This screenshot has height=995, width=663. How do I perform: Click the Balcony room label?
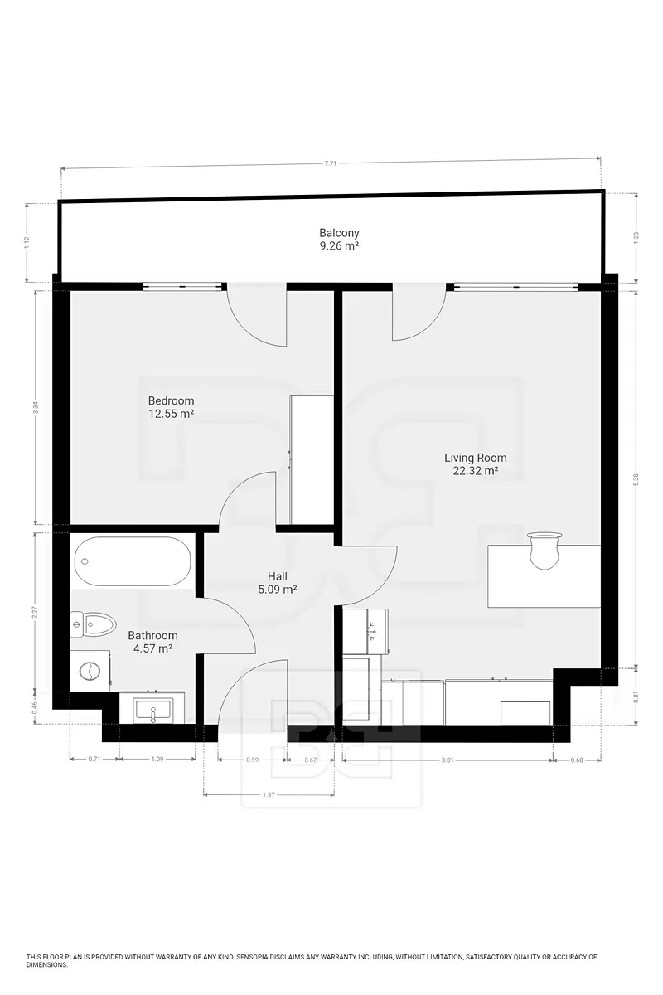[339, 233]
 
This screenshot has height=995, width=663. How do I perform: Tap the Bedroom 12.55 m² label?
[171, 407]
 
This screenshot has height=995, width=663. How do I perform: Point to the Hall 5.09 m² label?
[277, 583]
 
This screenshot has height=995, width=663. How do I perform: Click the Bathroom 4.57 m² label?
[152, 642]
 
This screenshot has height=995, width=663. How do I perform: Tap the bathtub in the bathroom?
[133, 561]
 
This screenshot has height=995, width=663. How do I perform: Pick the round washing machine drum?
[90, 670]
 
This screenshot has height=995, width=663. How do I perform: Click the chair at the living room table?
[544, 551]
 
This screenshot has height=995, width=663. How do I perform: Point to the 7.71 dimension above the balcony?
[331, 163]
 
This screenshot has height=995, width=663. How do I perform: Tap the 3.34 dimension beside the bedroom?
[36, 407]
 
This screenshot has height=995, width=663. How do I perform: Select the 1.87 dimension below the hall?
[269, 794]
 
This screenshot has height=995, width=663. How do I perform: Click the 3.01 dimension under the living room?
[448, 760]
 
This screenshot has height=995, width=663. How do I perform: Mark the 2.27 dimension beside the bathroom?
[36, 612]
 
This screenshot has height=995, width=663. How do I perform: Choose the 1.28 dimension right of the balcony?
[636, 238]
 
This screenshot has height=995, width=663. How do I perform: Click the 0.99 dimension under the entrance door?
[252, 760]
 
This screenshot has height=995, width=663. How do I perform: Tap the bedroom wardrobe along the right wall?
[312, 459]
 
